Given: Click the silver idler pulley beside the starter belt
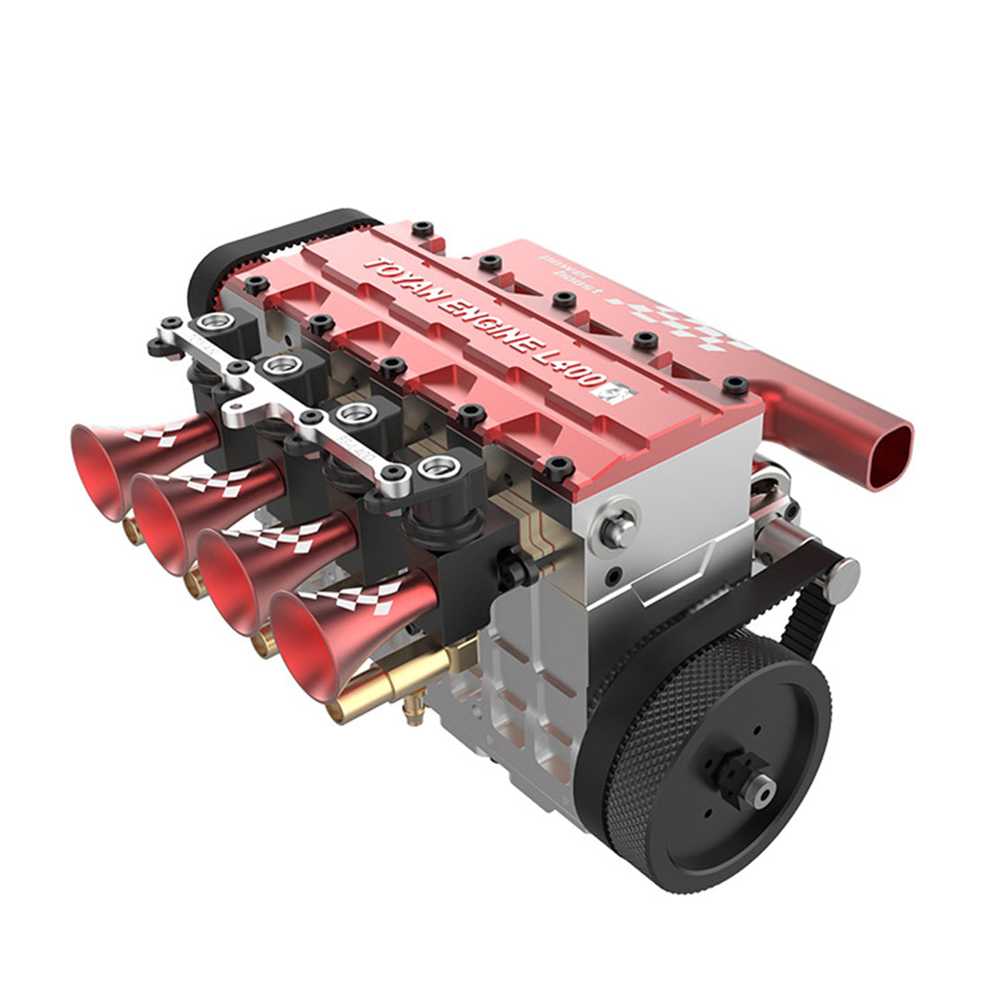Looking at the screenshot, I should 841,580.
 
